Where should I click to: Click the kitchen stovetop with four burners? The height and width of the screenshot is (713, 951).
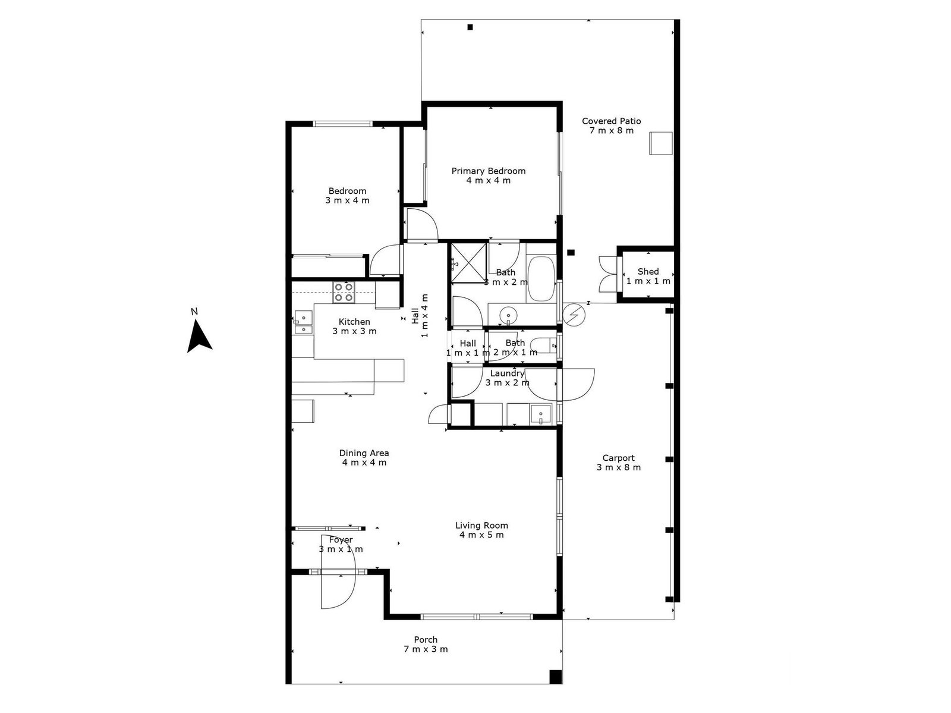pyautogui.click(x=344, y=291)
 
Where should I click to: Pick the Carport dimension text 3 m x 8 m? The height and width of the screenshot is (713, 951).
pyautogui.click(x=618, y=467)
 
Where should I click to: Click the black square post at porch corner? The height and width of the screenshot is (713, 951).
pyautogui.click(x=555, y=676)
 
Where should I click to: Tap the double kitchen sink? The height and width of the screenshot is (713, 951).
pyautogui.click(x=303, y=322)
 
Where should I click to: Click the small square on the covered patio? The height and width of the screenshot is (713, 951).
pyautogui.click(x=660, y=143)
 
